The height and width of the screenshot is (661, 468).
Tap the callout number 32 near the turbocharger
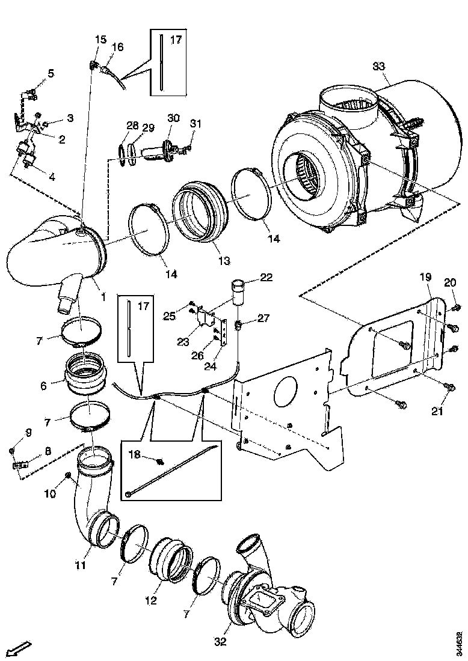[x=221, y=641]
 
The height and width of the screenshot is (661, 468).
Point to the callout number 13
[x=224, y=261]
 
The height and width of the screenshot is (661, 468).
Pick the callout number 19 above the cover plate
[x=425, y=277]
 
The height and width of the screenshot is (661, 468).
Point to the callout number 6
[x=43, y=386]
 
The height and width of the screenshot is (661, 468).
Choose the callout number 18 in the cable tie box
[x=135, y=455]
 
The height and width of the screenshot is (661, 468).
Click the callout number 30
[x=173, y=118]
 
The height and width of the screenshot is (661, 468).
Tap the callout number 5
[x=51, y=73]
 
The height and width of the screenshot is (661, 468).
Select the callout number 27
[x=263, y=318]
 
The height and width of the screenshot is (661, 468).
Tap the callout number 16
[x=117, y=46]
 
